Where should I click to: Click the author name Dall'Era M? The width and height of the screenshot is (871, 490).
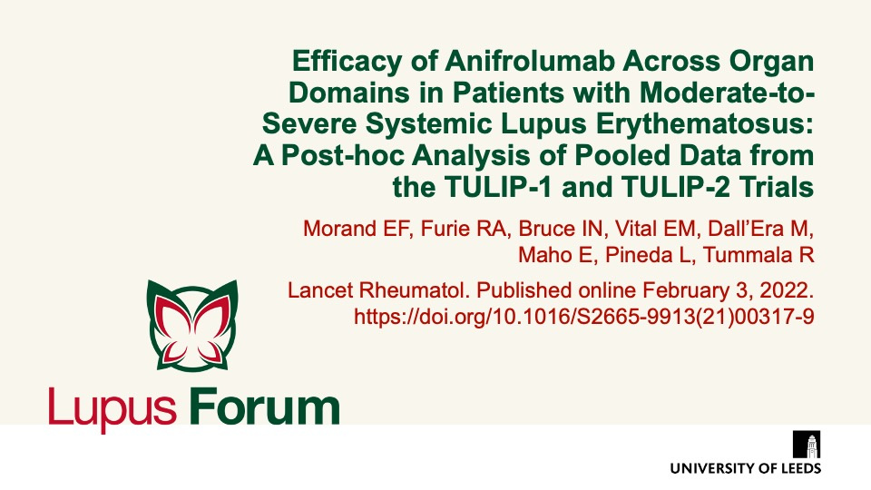[758, 229]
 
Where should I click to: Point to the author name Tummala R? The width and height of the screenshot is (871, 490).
[758, 255]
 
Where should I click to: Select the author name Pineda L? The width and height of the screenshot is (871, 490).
[649, 255]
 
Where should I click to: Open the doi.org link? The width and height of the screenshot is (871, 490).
[583, 317]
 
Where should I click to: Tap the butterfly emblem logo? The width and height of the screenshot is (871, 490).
[192, 325]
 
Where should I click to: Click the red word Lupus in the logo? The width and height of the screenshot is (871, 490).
[113, 408]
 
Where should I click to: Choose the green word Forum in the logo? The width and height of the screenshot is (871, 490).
[264, 407]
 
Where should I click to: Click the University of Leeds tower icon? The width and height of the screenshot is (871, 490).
[807, 444]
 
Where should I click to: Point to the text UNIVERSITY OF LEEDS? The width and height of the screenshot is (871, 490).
[746, 468]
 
